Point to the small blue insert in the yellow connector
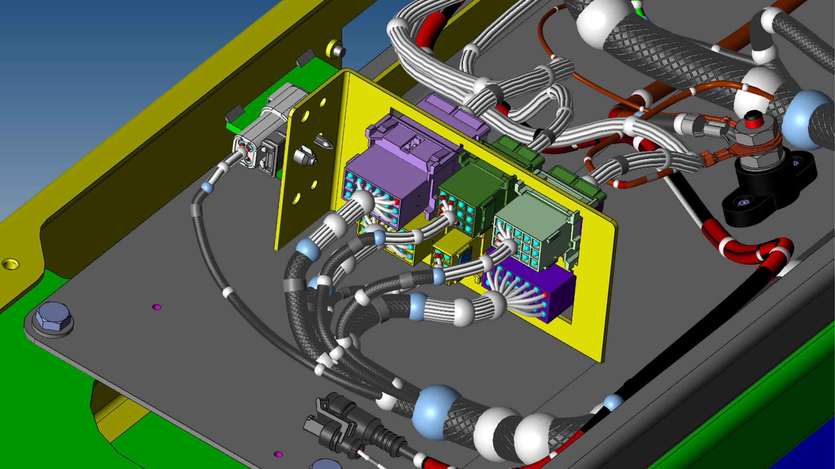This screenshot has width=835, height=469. pos(463,258)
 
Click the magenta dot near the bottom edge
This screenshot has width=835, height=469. pos(278,454)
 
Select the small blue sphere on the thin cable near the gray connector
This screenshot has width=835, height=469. pos(207,187)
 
